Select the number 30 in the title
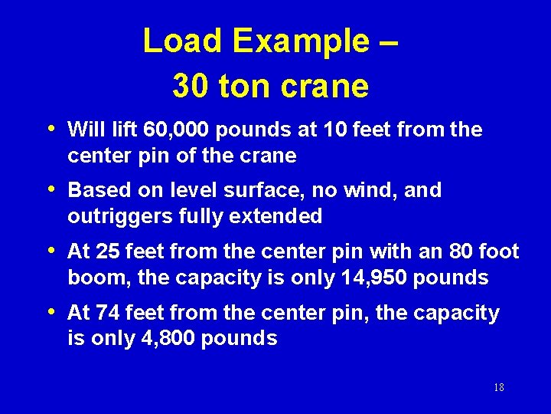click(191, 87)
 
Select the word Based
click(94, 190)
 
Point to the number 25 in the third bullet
click(108, 251)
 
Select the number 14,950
click(373, 278)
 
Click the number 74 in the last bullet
click(108, 313)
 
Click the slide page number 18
click(498, 388)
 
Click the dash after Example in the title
click(388, 42)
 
